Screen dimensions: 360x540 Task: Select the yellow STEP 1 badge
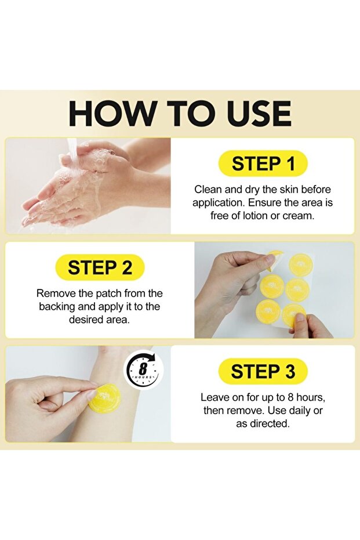(x=263, y=164)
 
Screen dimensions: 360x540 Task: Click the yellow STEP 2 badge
(x=100, y=267)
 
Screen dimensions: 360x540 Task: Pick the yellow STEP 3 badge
(x=263, y=372)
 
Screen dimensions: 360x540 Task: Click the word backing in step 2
(x=57, y=307)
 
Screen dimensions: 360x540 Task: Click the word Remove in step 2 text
(x=56, y=293)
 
